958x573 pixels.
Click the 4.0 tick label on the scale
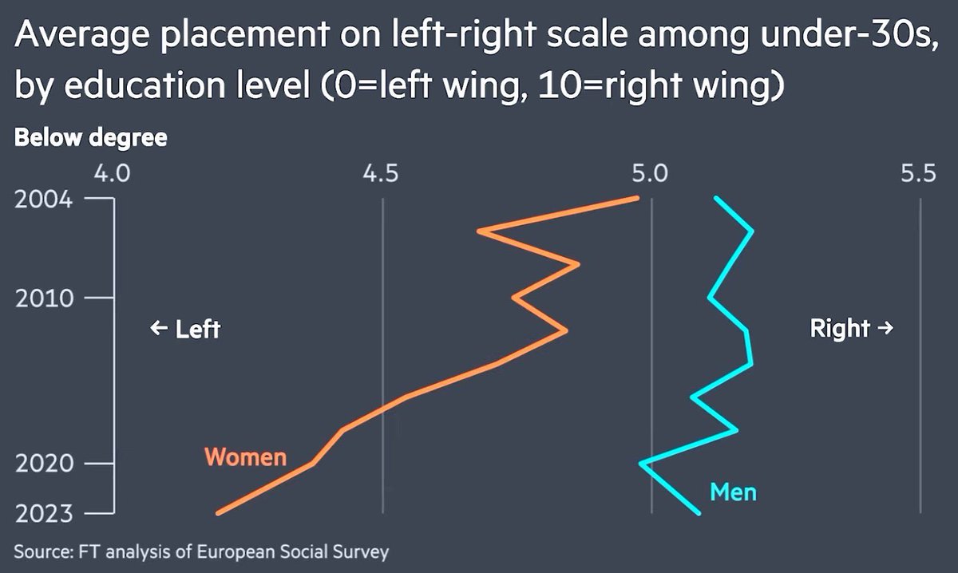(x=112, y=174)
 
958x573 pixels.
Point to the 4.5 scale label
(x=381, y=174)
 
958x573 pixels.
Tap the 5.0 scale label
(x=650, y=174)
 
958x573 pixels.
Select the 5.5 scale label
(x=918, y=174)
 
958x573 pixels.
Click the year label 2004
(x=44, y=200)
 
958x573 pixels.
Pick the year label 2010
(x=45, y=298)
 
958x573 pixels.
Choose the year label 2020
(x=45, y=464)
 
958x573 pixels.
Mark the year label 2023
(x=44, y=514)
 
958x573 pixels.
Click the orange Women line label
(x=246, y=456)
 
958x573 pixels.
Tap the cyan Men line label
(x=733, y=492)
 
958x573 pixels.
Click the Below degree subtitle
(x=91, y=138)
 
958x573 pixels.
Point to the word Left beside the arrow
(x=198, y=330)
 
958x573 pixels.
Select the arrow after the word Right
(x=885, y=328)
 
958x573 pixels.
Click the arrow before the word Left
(x=159, y=329)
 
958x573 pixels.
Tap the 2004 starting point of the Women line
(x=637, y=198)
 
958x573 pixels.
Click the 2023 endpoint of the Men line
(x=699, y=512)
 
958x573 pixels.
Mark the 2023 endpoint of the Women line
(x=218, y=512)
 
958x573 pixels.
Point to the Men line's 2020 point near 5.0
(x=641, y=463)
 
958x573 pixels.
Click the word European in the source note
(x=235, y=551)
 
